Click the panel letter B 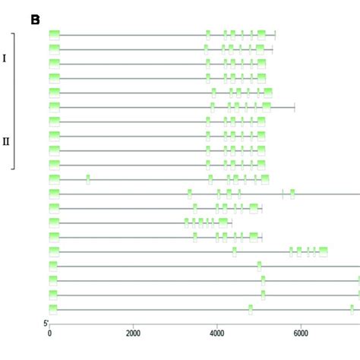point(35,19)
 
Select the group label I point(5,58)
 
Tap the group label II point(6,141)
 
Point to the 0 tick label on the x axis point(49,332)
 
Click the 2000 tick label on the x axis point(133,332)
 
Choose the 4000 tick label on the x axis point(217,332)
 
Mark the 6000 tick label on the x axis point(301,332)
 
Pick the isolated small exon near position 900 point(88,179)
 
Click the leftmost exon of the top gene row point(54,34)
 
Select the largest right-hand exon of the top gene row point(261,34)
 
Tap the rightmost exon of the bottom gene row point(352,308)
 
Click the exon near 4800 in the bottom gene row point(251,308)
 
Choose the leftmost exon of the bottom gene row point(53,308)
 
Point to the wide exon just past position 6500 point(323,251)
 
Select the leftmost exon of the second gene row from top point(54,49)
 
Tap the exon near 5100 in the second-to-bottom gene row point(263,295)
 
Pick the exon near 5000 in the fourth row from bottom point(259,266)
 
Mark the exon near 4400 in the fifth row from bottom point(234,251)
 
